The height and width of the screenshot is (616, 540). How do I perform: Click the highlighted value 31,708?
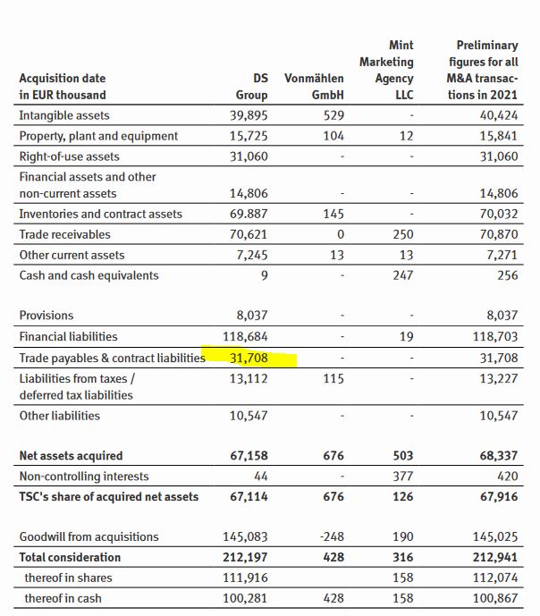(x=251, y=358)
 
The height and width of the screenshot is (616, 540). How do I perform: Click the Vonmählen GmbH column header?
(x=314, y=87)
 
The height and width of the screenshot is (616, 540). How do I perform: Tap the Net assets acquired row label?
(x=72, y=456)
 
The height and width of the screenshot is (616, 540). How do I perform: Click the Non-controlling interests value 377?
(x=402, y=477)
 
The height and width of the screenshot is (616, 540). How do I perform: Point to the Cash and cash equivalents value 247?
(x=402, y=275)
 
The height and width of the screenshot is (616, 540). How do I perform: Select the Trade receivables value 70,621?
(x=250, y=234)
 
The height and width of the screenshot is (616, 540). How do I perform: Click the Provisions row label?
(x=46, y=316)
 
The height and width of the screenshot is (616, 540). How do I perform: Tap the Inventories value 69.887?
(x=250, y=214)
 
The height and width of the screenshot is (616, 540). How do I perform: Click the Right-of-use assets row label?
(x=69, y=156)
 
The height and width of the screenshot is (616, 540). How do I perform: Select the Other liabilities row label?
(x=60, y=416)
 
